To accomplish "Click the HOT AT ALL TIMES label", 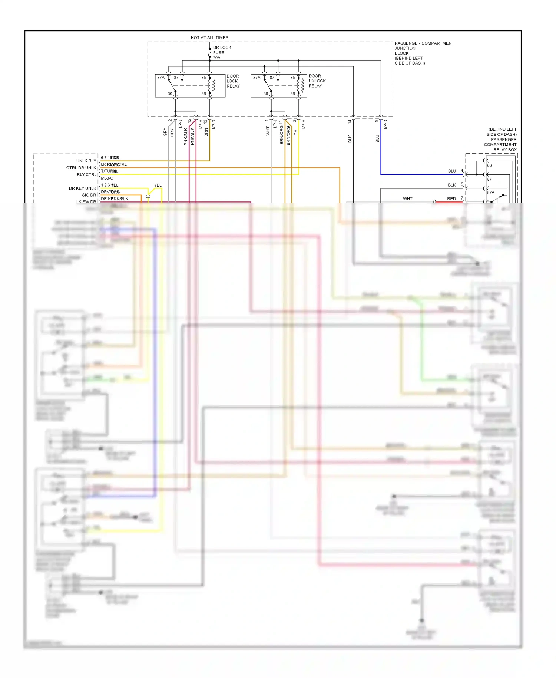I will pos(209,37).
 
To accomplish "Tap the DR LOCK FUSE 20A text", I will pos(222,52).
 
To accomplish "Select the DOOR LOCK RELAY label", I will pos(233,81).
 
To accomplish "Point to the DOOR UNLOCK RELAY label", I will pos(317,80).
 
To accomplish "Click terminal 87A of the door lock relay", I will pos(160,78).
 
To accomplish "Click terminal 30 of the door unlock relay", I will pos(265,93).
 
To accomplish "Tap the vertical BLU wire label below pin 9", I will pos(377,138).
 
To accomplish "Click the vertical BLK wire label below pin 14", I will pos(350,139).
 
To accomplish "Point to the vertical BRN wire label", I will pos(206,132).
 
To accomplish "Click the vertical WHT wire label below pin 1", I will pos(268,131).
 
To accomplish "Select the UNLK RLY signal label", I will pos(86,161).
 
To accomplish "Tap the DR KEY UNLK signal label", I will pos(82,188).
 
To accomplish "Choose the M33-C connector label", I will pos(107,178).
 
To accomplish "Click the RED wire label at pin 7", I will pos(451,198).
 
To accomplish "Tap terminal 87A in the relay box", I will pos(490,192).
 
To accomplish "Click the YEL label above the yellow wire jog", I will pos(158,185).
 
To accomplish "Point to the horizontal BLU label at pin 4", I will pos(452,171).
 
